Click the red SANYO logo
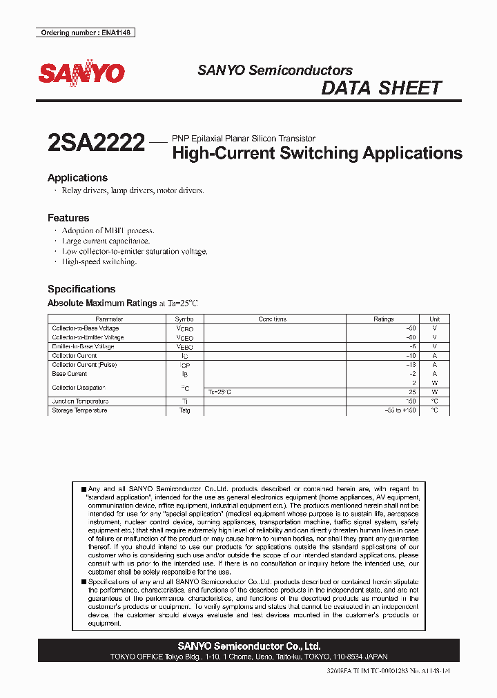point(81,73)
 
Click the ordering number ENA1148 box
point(85,32)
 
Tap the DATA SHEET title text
point(381,88)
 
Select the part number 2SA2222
point(96,143)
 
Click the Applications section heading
point(77,177)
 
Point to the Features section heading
point(68,218)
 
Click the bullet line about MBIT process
point(108,230)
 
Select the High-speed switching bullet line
point(99,262)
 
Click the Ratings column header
point(383,319)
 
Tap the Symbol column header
point(184,319)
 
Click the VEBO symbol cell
point(184,347)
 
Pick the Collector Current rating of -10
point(411,356)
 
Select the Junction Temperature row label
point(80,401)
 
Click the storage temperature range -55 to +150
point(400,410)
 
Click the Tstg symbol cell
point(184,410)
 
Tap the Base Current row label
point(70,374)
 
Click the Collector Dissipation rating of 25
point(412,392)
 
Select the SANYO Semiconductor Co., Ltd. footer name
point(248,646)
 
